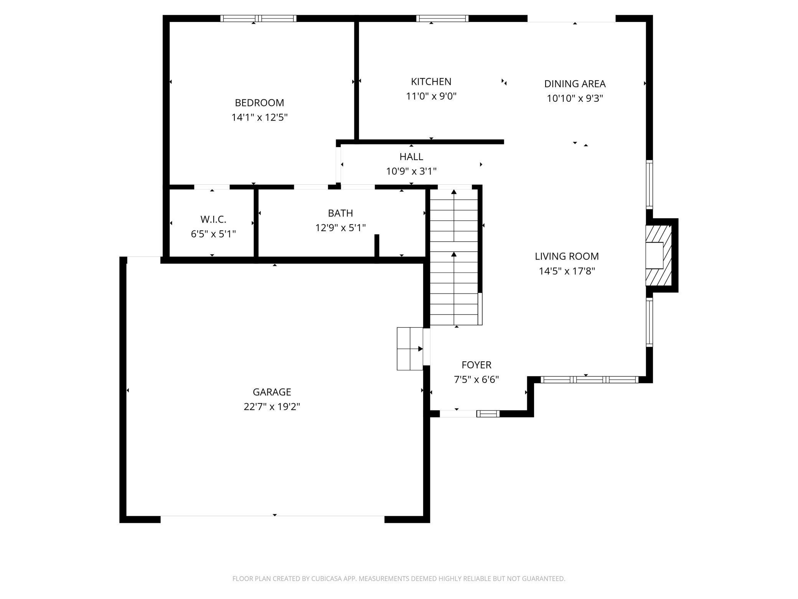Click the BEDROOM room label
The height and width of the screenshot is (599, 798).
click(x=259, y=103)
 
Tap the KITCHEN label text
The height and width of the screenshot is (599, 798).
click(x=431, y=82)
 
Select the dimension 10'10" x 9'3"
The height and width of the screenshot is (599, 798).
click(x=575, y=99)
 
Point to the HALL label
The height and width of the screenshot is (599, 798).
click(x=411, y=157)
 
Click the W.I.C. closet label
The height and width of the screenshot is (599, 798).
click(x=213, y=220)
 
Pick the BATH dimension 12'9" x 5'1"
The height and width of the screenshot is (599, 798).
click(x=340, y=228)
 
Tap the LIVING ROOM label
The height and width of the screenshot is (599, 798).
click(x=567, y=256)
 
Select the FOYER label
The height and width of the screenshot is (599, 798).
click(x=476, y=365)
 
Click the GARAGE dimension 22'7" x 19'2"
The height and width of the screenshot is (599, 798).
click(x=272, y=407)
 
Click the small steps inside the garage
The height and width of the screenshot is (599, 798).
click(x=410, y=349)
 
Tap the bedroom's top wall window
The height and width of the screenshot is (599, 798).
click(x=258, y=18)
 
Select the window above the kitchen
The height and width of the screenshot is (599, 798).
click(x=442, y=18)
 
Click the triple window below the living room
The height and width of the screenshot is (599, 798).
click(x=590, y=380)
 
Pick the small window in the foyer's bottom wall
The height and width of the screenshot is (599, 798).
click(x=488, y=414)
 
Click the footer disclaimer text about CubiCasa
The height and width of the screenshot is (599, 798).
click(x=399, y=579)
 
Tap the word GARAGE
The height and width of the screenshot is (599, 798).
click(x=272, y=392)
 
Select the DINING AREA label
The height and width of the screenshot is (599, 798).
click(x=575, y=84)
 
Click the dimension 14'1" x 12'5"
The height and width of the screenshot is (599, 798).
click(x=259, y=117)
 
